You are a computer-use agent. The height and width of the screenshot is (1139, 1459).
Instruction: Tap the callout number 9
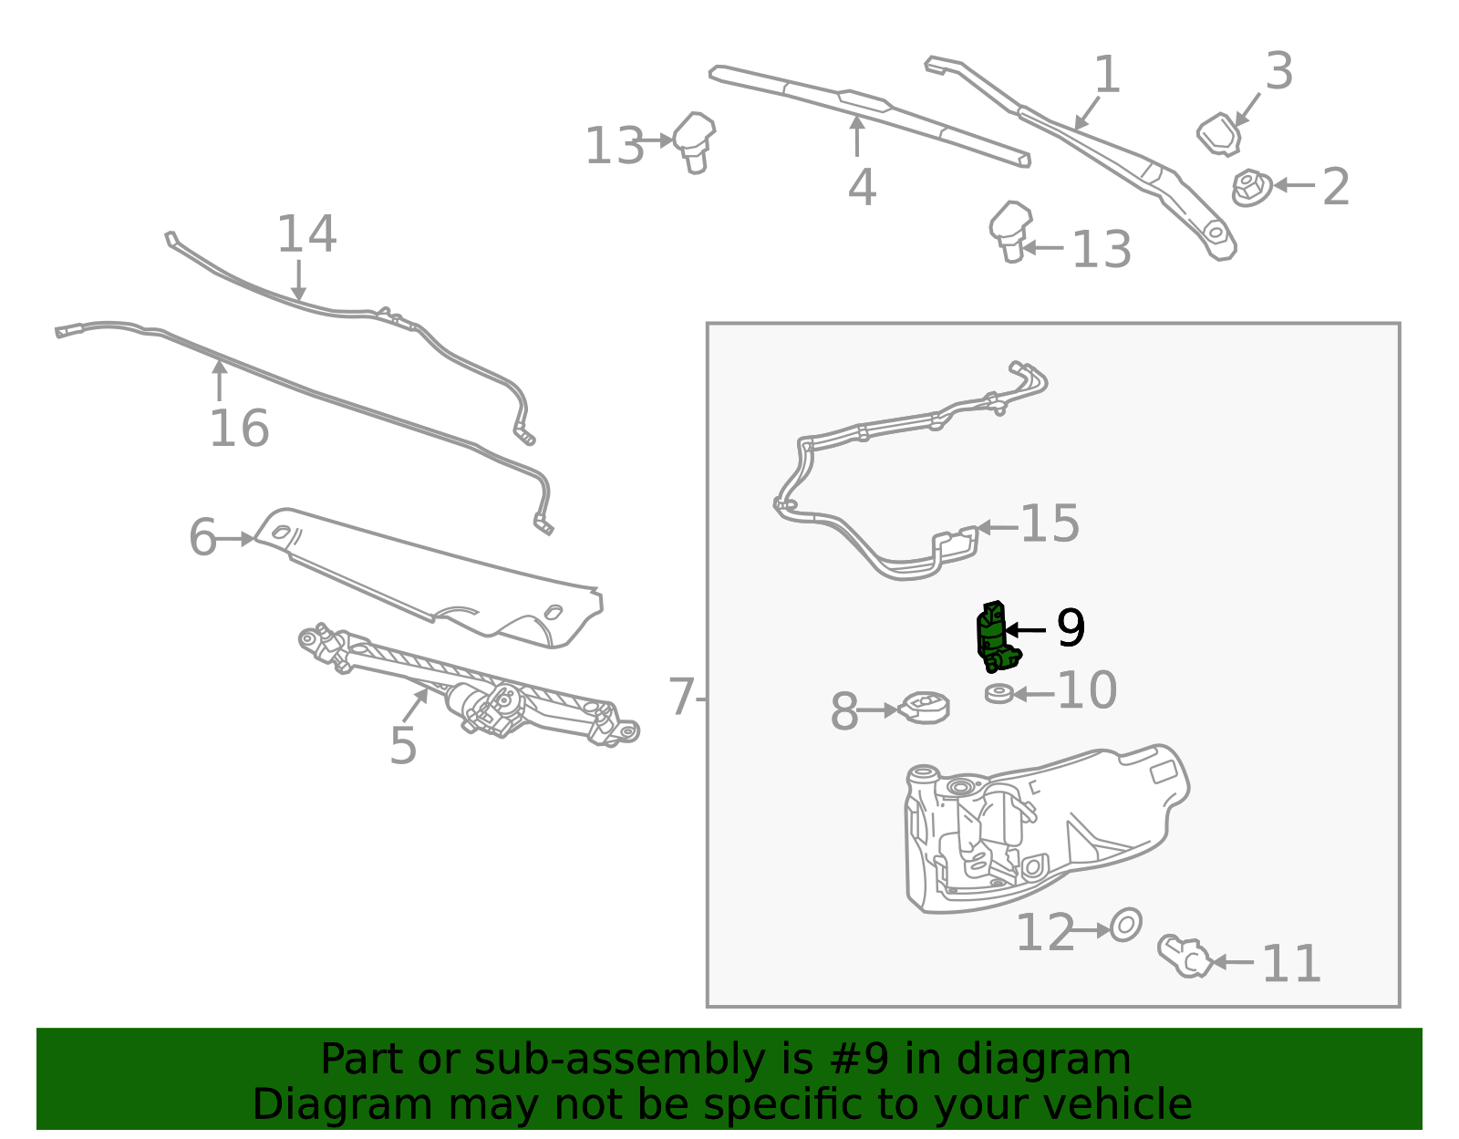click(1071, 628)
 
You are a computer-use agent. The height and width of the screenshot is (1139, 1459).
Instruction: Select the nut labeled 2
click(1250, 187)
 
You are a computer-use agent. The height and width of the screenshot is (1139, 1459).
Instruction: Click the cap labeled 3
click(1219, 134)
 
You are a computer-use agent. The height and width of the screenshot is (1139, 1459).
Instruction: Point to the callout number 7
click(681, 698)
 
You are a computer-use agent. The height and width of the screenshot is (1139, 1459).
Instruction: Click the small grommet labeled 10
click(999, 694)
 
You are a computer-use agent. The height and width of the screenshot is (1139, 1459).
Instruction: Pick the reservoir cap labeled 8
click(925, 708)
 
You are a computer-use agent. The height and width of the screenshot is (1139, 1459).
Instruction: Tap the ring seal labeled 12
click(1126, 926)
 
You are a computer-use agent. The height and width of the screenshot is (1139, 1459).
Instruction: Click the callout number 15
click(1050, 524)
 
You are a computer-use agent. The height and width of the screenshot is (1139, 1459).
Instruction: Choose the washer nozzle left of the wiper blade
click(694, 140)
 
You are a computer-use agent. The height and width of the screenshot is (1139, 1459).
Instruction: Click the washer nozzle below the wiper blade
click(1010, 231)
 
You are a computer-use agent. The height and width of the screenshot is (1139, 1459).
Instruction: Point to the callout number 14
click(306, 234)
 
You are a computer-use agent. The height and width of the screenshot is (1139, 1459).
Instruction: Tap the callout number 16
click(239, 429)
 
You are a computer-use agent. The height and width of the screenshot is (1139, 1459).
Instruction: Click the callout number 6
click(202, 538)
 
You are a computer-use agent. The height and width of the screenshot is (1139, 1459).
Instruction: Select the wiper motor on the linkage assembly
click(483, 706)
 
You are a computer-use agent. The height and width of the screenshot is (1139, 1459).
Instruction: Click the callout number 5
click(403, 746)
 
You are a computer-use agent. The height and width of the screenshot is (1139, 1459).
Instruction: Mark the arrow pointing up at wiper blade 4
click(856, 137)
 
